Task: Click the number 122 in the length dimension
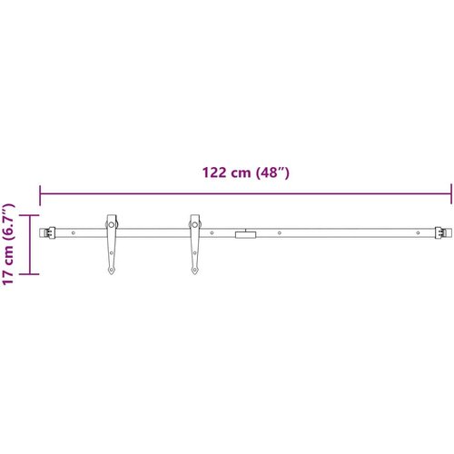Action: point(214,173)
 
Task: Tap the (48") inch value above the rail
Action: point(272,173)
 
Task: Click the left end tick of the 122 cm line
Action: point(40,195)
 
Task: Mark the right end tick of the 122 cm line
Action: point(451,193)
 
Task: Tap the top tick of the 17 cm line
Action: point(29,215)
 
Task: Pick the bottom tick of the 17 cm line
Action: point(29,274)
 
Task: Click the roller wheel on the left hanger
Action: point(112,225)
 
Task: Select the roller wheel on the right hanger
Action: point(195,225)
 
